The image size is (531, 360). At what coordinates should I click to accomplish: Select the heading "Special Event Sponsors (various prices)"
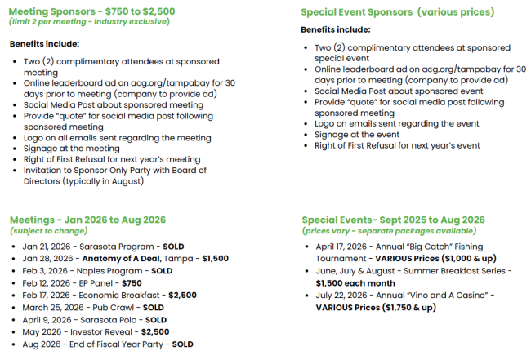(x=397, y=12)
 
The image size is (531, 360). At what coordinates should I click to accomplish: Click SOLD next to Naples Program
(x=162, y=270)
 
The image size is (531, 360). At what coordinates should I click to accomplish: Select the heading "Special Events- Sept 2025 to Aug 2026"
(x=393, y=220)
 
